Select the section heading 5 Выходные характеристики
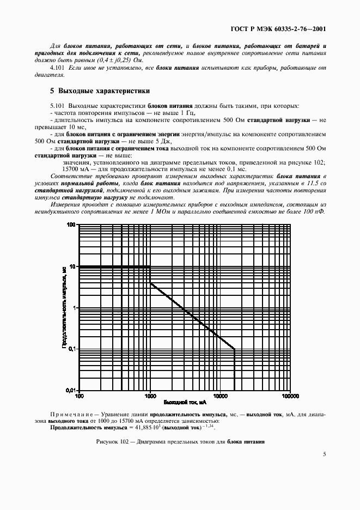100,90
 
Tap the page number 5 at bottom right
324,453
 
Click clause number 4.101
58,67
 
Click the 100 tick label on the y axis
70,224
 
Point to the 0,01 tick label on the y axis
70,390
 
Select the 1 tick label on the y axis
74,308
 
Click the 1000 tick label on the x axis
150,396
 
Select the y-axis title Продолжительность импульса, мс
64,308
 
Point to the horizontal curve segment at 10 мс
114,266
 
